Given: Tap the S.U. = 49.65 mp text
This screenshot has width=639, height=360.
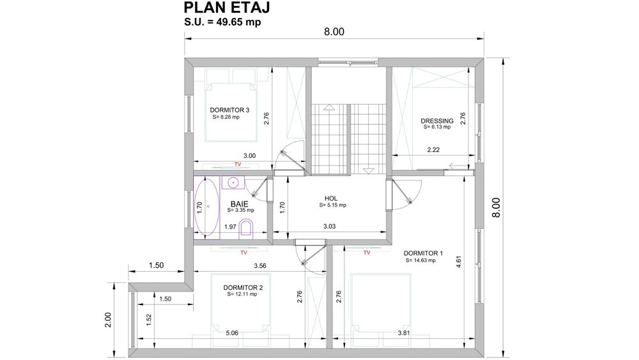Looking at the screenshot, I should coord(222,22).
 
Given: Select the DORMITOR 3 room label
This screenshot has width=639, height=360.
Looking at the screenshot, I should coord(229,110).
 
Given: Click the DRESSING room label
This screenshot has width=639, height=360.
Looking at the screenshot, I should coord(436,121).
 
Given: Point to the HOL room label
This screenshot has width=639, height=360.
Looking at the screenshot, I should coord(330,199).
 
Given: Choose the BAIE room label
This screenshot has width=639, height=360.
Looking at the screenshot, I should coord(240,204).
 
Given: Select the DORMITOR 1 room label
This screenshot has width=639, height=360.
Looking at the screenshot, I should coord(423,253).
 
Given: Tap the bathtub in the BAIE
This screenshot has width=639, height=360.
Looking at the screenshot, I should coord(206,207).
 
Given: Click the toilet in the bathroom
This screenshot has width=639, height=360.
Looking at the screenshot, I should coord(250,229).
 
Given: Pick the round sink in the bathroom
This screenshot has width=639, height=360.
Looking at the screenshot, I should coord(234,183).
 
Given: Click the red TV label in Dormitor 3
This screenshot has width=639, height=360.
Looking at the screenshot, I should coord(238,165).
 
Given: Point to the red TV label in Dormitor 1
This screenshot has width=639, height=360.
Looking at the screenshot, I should coord(367,253).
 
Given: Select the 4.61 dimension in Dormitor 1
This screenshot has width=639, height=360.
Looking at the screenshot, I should coord(458,262).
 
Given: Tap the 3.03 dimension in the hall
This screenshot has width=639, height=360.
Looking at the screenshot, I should coord(329,226).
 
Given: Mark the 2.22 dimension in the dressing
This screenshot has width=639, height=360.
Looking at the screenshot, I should coord(434,150).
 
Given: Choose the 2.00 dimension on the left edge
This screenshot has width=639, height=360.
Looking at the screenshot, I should coord(108,317).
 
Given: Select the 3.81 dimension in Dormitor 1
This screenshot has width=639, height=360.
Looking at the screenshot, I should coord(404,333).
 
